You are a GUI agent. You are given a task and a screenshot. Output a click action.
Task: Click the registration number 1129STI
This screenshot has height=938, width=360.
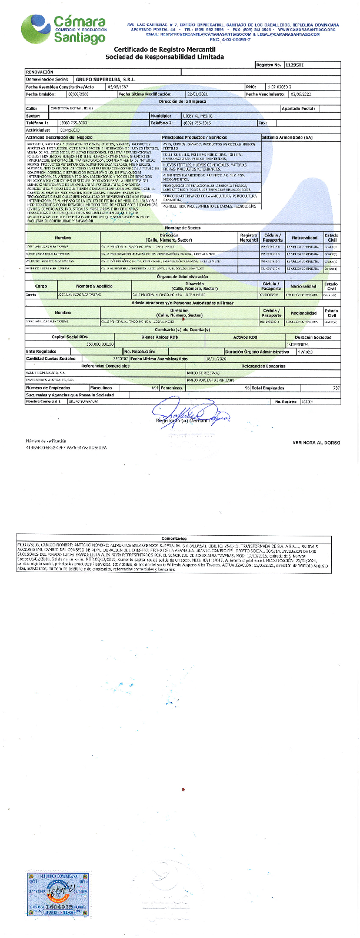pos(294,64)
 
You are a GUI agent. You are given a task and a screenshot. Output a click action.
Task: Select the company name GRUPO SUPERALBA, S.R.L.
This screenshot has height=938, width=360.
pos(99,79)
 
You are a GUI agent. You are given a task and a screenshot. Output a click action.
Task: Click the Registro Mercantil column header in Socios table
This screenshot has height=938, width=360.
pos(249,238)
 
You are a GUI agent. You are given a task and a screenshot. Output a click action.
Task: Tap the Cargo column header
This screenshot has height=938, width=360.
pos(41,286)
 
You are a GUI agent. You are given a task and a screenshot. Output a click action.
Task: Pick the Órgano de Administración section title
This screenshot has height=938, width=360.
pos(182,276)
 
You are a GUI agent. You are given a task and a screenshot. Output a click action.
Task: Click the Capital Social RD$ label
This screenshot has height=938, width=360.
pos(70,337)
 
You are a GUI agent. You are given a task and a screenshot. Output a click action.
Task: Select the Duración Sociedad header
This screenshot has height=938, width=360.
pos(312,337)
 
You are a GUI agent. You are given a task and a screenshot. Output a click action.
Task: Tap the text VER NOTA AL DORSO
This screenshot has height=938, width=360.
pos(315,442)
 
